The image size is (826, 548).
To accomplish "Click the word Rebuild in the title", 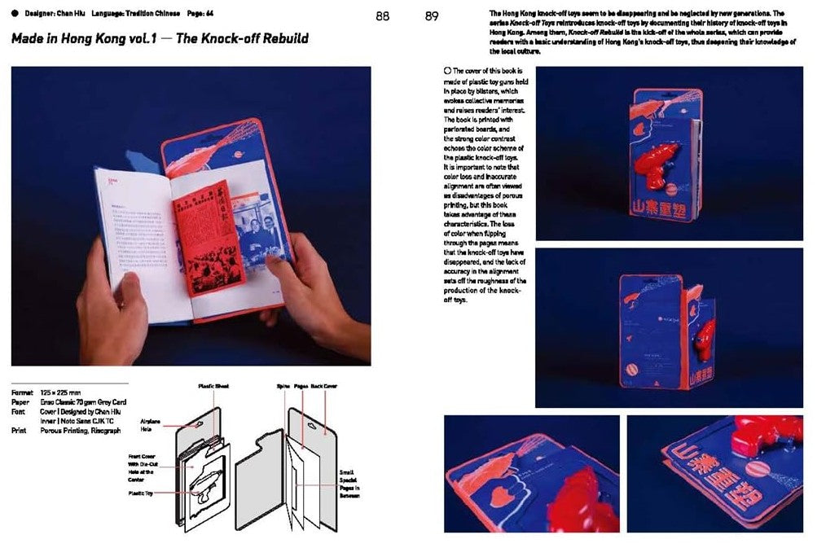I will (283, 38).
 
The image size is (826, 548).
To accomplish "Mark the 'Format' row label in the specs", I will (23, 392).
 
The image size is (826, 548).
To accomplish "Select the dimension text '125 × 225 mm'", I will (64, 392).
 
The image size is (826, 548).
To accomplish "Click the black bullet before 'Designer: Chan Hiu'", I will (15, 12).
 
